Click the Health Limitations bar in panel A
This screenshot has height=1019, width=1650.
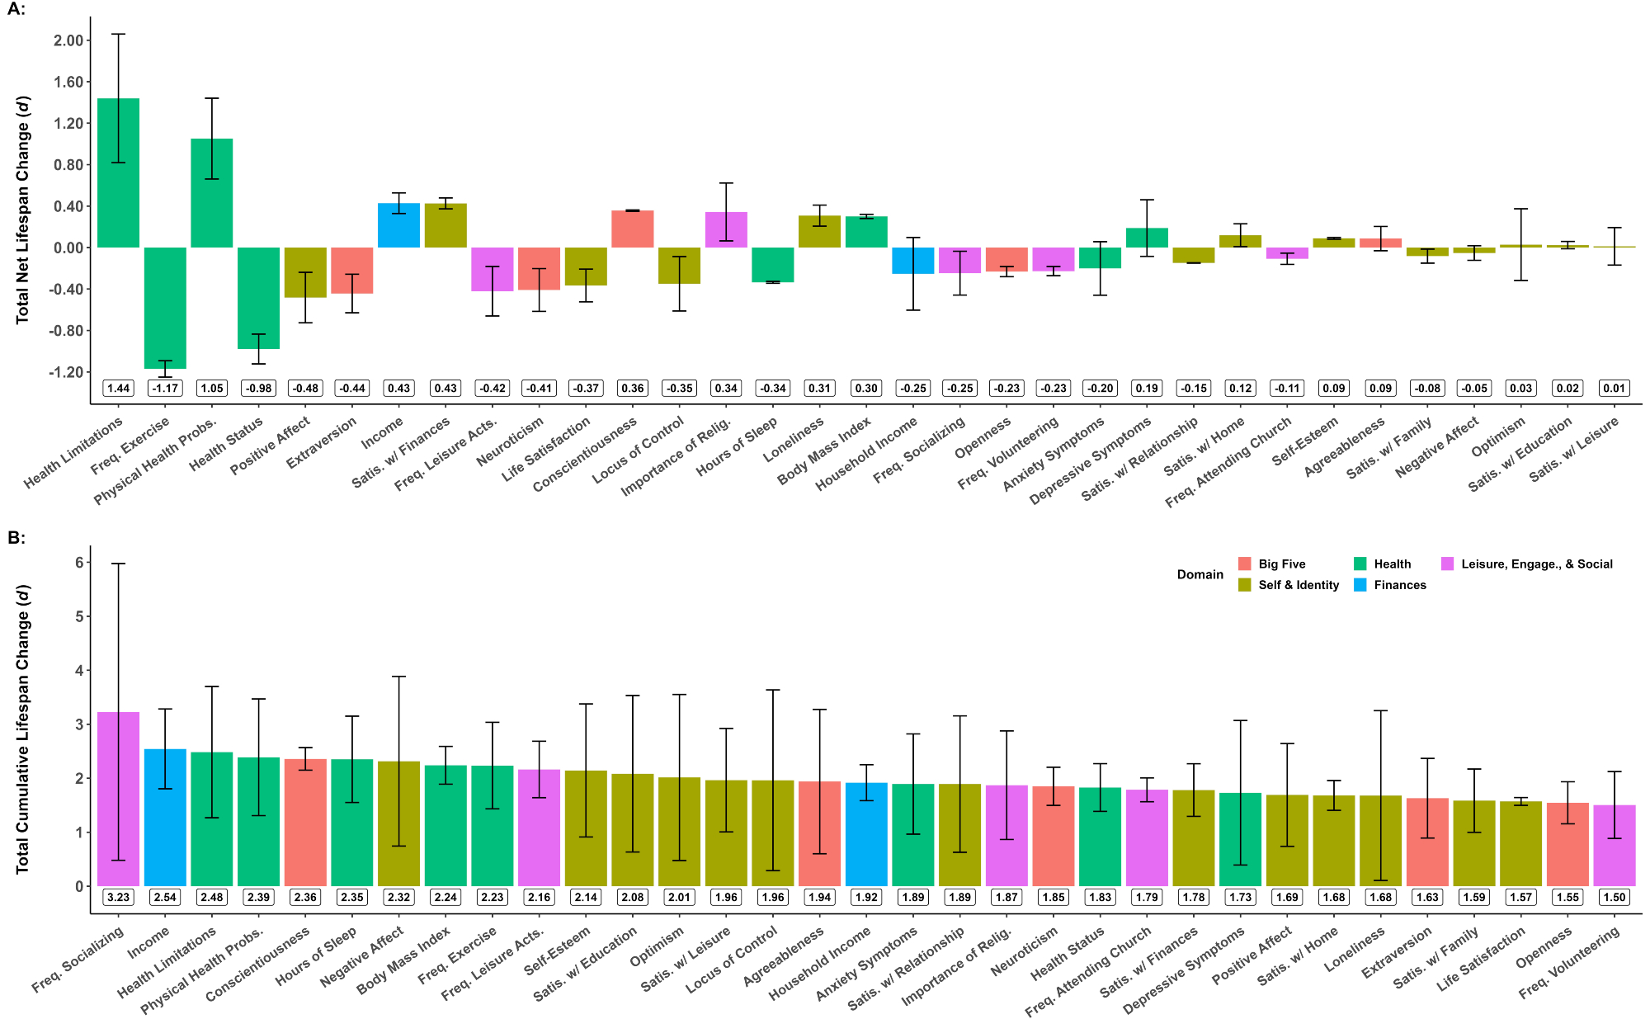point(119,173)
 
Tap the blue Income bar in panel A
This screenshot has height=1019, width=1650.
point(399,225)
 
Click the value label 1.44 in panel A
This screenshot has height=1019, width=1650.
point(119,388)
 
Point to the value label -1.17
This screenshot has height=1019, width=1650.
point(165,388)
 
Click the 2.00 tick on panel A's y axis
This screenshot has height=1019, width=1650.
point(68,40)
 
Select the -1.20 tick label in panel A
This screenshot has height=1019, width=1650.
point(66,372)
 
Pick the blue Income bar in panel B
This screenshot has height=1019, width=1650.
point(165,817)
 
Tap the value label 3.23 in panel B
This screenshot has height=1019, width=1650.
point(119,897)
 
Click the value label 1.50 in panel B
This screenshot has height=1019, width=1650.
point(1614,897)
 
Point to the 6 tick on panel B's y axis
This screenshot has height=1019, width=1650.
point(79,563)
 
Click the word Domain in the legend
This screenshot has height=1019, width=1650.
point(1200,574)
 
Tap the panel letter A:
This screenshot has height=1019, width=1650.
point(16,11)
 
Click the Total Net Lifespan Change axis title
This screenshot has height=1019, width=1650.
point(23,210)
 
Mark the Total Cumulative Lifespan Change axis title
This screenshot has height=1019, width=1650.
point(23,730)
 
